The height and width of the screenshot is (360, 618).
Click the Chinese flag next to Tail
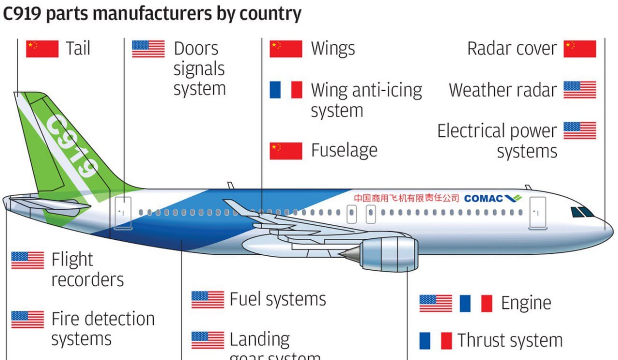pos(42,49)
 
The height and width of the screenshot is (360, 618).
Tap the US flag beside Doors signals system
pos(148,49)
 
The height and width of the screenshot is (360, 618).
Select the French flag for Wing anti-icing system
pos(286,90)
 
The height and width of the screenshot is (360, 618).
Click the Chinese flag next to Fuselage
pos(286,151)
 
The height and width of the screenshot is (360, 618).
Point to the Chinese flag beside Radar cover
pos(580,49)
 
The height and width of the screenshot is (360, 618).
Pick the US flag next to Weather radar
pos(580,90)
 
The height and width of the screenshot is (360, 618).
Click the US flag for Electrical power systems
pos(580,130)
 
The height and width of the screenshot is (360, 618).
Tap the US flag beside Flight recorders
pos(28,260)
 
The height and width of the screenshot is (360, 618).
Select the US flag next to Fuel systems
pos(208,300)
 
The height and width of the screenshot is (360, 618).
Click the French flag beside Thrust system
pos(435,340)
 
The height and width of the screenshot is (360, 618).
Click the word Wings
pos(333,49)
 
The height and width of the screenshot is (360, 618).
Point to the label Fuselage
pos(344,151)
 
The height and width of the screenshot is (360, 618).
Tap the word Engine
pos(526,303)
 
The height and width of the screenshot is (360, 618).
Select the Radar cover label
pos(512,49)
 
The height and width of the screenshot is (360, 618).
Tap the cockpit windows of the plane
pos(582,212)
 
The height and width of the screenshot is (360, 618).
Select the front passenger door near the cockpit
pos(537,212)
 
